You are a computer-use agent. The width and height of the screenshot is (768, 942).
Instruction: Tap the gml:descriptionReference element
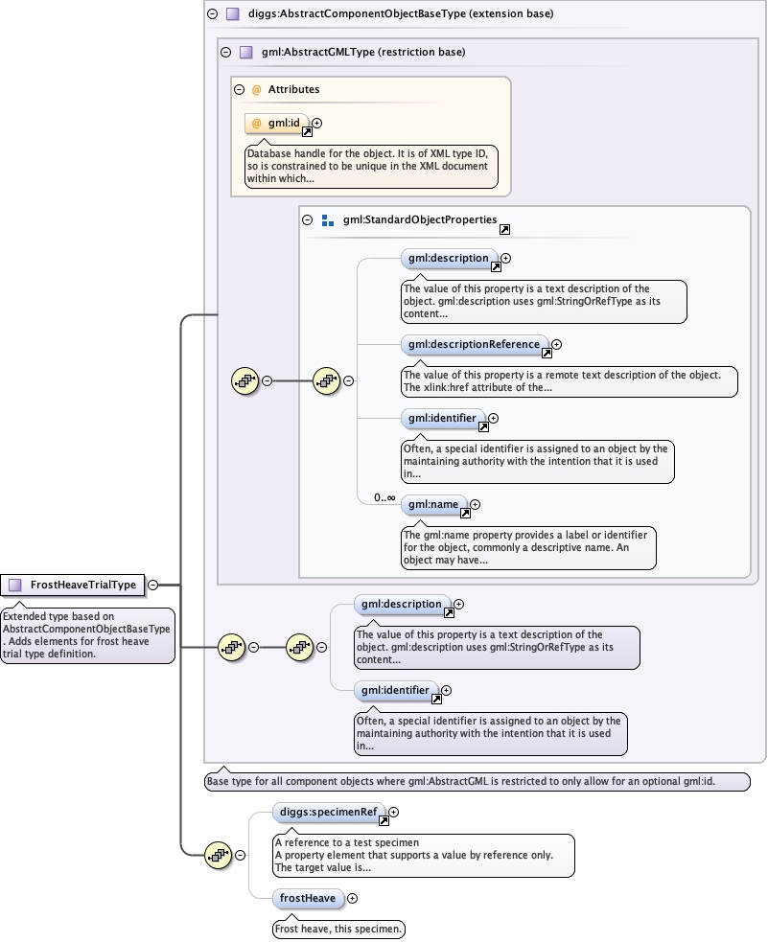[475, 344]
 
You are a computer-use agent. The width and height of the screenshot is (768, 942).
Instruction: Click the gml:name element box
[433, 504]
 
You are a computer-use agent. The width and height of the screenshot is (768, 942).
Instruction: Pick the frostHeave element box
[307, 898]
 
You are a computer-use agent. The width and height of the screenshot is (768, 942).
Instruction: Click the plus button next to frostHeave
[352, 898]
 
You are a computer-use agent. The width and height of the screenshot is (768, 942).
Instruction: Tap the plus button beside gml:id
[317, 123]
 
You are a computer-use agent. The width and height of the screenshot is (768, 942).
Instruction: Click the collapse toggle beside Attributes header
[240, 89]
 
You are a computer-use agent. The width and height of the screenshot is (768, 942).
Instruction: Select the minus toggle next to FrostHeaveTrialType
[153, 585]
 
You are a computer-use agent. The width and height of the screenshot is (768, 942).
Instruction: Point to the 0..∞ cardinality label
[384, 497]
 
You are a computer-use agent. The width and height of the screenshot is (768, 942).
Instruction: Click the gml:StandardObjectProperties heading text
[420, 219]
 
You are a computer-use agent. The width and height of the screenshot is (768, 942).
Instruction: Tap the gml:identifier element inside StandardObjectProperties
[441, 418]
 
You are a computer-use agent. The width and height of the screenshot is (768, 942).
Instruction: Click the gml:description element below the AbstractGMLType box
[400, 605]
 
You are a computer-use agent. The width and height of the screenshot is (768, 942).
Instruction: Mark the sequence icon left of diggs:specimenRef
[218, 855]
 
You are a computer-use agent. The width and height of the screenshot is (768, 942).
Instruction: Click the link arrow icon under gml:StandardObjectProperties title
[504, 230]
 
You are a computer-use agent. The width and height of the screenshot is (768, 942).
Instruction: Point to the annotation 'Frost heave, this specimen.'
[338, 929]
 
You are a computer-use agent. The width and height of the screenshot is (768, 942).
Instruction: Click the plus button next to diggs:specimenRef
[394, 812]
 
